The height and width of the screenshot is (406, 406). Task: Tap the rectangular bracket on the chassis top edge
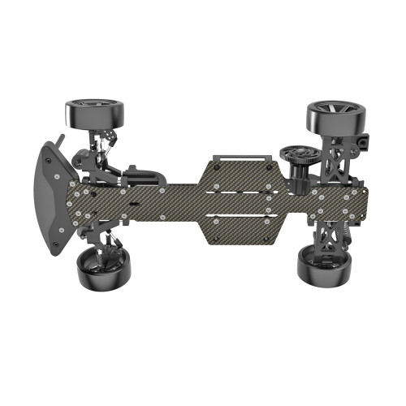239,154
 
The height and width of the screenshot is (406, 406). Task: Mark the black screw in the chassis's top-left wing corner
214,164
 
